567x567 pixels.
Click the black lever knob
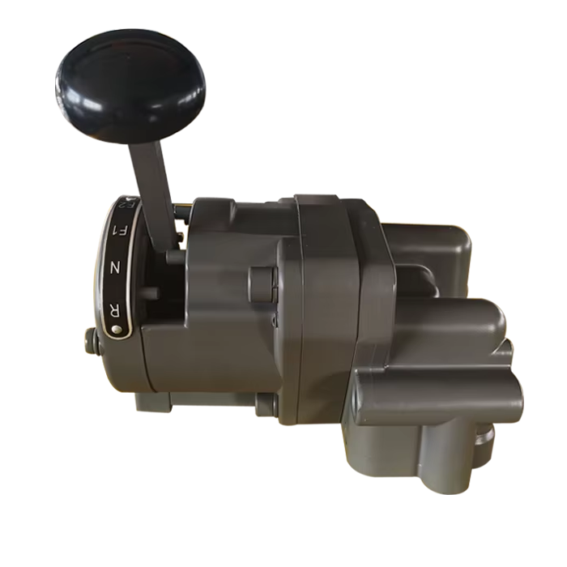point(131,86)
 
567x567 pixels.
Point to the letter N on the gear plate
point(115,267)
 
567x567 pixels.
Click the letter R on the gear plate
point(115,309)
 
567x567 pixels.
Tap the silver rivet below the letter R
point(117,329)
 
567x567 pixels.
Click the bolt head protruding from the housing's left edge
point(92,342)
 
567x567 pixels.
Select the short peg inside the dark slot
point(151,293)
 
